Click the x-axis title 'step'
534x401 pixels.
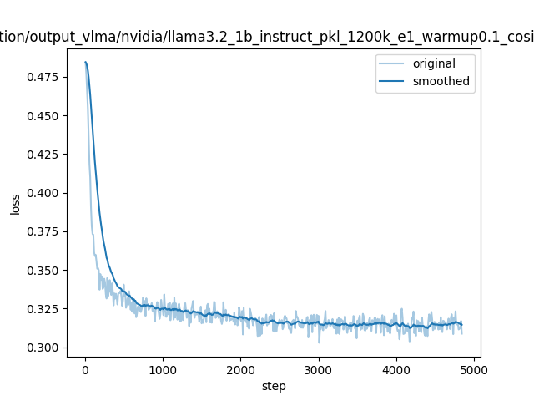[x=274, y=386]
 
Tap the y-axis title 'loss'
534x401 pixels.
[x=15, y=203]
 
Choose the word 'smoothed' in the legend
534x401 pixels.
[x=441, y=82]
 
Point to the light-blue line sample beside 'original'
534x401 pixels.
[x=393, y=64]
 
